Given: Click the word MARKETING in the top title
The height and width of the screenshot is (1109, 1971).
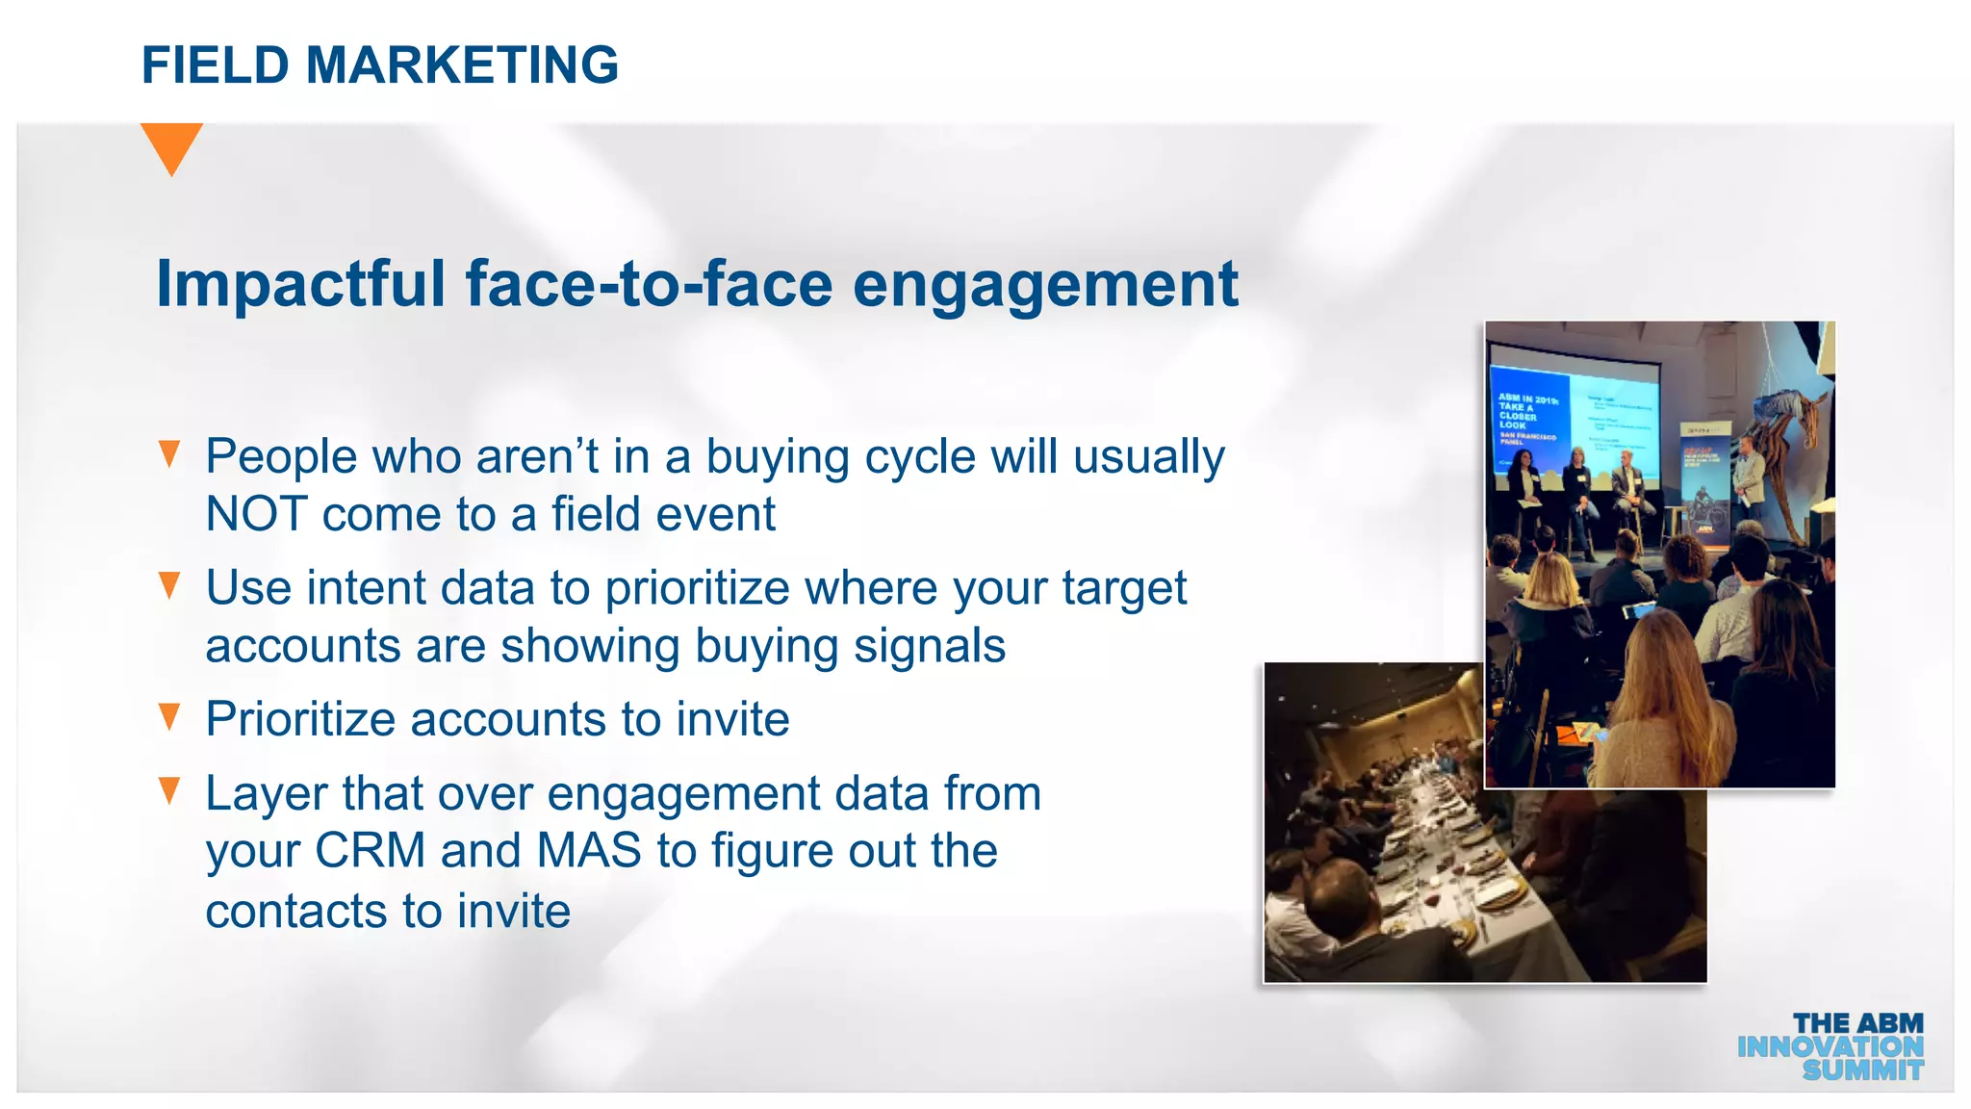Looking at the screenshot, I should (461, 65).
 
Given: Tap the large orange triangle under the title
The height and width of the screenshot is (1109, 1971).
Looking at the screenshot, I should (171, 145).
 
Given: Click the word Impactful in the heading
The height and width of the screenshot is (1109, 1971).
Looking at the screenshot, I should (300, 284).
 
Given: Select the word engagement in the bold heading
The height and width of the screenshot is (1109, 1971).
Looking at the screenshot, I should (1045, 286).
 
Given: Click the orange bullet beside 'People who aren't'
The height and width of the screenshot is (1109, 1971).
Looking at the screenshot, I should (170, 453).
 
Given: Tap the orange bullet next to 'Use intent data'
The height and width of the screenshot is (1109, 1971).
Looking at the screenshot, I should (170, 584).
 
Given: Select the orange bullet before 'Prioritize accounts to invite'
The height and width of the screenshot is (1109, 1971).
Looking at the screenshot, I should (170, 716).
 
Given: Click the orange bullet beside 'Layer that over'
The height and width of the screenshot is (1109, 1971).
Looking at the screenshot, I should (170, 790).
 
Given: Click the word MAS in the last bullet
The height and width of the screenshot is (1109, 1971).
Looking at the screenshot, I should (589, 851).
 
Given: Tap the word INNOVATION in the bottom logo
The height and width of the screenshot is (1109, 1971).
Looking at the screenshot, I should (1830, 1046).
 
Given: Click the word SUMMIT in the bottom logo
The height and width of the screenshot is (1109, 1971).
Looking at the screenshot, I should (1862, 1070).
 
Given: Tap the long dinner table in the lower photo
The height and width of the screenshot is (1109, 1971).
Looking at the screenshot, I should (1444, 847).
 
